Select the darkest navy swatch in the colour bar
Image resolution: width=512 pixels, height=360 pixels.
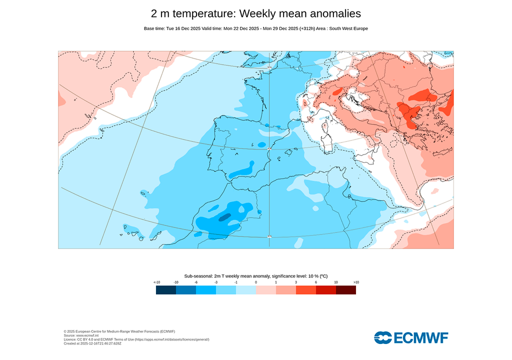(165, 290)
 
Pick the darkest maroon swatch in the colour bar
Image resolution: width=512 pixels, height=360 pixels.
(346, 290)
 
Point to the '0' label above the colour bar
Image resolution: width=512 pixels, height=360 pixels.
(256, 282)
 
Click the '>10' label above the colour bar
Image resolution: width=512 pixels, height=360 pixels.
(356, 282)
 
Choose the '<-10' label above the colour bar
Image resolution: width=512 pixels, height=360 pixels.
(156, 282)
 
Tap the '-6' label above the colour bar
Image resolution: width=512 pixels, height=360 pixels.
(196, 282)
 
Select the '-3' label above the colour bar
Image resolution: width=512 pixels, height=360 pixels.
(216, 282)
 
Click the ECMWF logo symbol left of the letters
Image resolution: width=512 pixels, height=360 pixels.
(383, 337)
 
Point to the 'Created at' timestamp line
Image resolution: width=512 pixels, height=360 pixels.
(92, 343)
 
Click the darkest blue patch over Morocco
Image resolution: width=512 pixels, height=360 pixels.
(224, 217)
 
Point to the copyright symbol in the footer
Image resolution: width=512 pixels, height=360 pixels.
(65, 331)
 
